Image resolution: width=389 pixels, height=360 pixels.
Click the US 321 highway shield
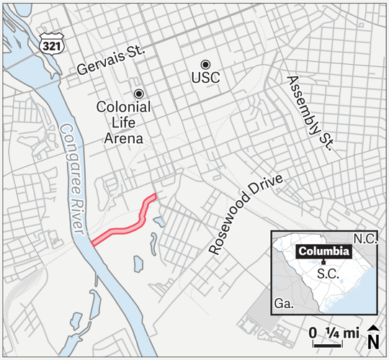click(51, 43)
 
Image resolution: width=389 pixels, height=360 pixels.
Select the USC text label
click(207, 78)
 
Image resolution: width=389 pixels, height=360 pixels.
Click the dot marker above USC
click(206, 64)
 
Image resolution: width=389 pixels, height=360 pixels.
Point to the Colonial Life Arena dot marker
click(138, 93)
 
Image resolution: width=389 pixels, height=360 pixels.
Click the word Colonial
click(123, 107)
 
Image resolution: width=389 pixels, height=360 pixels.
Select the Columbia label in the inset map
click(323, 252)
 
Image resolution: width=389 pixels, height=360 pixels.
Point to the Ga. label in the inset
click(284, 304)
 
